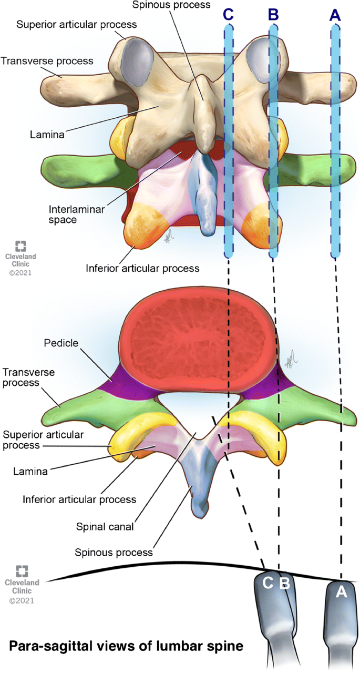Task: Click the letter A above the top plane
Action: click(335, 15)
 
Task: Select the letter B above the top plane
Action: click(273, 15)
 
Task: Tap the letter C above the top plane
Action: click(228, 15)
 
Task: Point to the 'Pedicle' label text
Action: click(62, 343)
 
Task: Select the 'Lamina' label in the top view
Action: click(47, 135)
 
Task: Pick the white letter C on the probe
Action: click(268, 583)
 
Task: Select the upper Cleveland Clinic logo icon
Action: click(21, 246)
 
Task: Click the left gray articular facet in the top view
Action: click(135, 58)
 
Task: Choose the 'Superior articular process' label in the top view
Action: click(77, 25)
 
